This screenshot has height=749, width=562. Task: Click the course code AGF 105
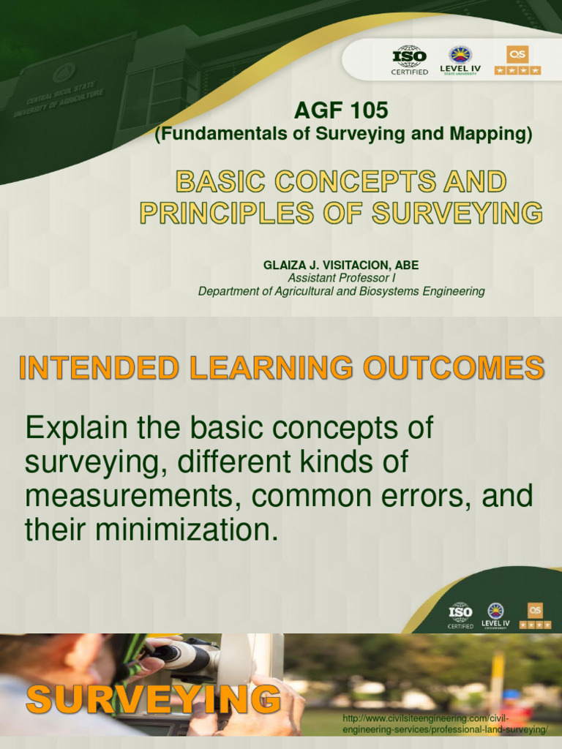pyautogui.click(x=340, y=111)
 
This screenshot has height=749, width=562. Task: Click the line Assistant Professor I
pyautogui.click(x=341, y=278)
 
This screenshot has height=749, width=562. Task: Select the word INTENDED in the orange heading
pyautogui.click(x=99, y=367)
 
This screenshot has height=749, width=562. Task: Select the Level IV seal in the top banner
pyautogui.click(x=460, y=59)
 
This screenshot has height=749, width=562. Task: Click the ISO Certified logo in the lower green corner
pyautogui.click(x=460, y=615)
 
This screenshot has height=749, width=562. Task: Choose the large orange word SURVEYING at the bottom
pyautogui.click(x=154, y=701)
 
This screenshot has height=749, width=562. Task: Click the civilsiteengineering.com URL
pyautogui.click(x=445, y=725)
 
